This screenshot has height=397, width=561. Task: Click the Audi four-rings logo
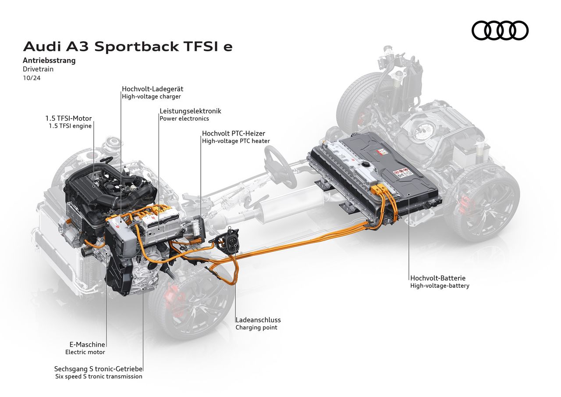click(x=500, y=31)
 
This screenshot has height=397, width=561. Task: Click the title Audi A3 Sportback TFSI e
click(x=128, y=46)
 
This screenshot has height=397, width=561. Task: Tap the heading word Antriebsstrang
click(x=49, y=61)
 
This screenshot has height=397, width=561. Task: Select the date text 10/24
click(x=32, y=78)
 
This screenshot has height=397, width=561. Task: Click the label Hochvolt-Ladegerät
click(x=153, y=89)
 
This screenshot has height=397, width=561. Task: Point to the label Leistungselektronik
click(x=190, y=111)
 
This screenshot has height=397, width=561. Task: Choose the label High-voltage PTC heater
click(x=236, y=141)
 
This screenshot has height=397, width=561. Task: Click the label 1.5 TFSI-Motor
click(x=68, y=118)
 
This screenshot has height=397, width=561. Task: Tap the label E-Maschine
click(x=85, y=344)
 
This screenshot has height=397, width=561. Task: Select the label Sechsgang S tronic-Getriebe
click(x=99, y=369)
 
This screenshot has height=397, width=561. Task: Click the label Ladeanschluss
click(x=258, y=320)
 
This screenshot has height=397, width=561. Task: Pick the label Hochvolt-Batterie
click(x=438, y=278)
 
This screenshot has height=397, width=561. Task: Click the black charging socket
click(x=231, y=241)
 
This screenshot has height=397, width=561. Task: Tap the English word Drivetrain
click(x=38, y=69)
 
